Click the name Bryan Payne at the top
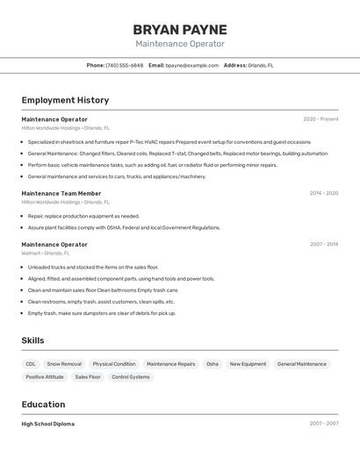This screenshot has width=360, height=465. click(x=180, y=29)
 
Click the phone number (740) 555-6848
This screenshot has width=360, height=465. click(x=125, y=65)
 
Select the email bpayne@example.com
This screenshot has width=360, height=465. click(x=192, y=65)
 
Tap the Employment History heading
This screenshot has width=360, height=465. click(x=65, y=100)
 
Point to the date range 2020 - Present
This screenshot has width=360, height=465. click(x=320, y=119)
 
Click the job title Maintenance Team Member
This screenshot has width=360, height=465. click(x=61, y=193)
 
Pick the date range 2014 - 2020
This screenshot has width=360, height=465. click(x=323, y=193)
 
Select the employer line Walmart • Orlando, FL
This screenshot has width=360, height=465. click(x=46, y=253)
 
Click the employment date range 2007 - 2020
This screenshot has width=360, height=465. click(x=323, y=244)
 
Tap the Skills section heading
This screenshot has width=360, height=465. click(x=33, y=340)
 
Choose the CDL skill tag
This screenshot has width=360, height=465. click(x=31, y=364)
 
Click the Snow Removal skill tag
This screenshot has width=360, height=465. click(x=64, y=364)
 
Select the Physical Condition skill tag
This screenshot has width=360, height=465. click(x=114, y=364)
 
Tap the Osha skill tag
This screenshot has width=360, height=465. click(x=212, y=364)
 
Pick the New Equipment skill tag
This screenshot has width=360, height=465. click(x=248, y=364)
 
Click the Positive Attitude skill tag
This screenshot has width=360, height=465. click(x=45, y=377)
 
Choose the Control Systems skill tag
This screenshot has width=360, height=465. click(x=131, y=377)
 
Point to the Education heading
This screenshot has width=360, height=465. click(x=44, y=404)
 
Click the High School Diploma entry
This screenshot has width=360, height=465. click(x=48, y=424)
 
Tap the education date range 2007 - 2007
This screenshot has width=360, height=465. click(x=323, y=424)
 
